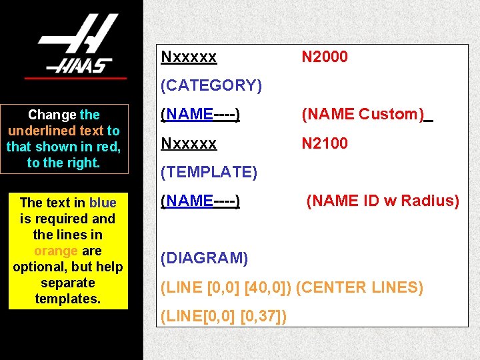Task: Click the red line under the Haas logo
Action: (x=75, y=79)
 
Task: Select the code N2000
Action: (x=325, y=57)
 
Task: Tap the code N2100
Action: (x=325, y=143)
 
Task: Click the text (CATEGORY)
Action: (x=211, y=85)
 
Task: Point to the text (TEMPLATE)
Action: (x=209, y=172)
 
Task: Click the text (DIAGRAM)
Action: (x=205, y=258)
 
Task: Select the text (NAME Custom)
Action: (x=363, y=115)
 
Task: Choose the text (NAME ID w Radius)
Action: (x=383, y=201)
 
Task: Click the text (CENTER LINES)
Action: (x=359, y=288)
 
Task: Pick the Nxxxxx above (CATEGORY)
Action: (x=189, y=57)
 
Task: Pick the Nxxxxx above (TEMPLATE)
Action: (x=189, y=143)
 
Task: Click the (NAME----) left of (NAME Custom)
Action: (x=201, y=115)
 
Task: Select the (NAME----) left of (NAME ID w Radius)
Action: (x=201, y=201)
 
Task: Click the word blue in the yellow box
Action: (x=103, y=203)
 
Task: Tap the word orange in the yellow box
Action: (x=56, y=251)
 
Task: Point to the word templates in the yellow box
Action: (x=68, y=299)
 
